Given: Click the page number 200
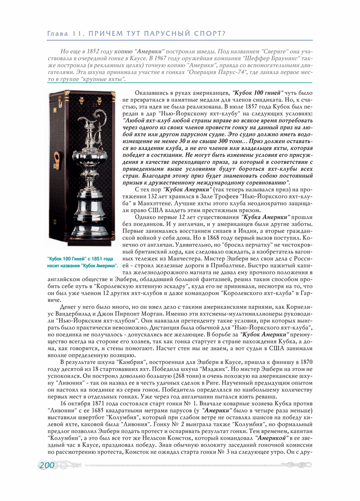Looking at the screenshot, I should [x=47, y=465].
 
